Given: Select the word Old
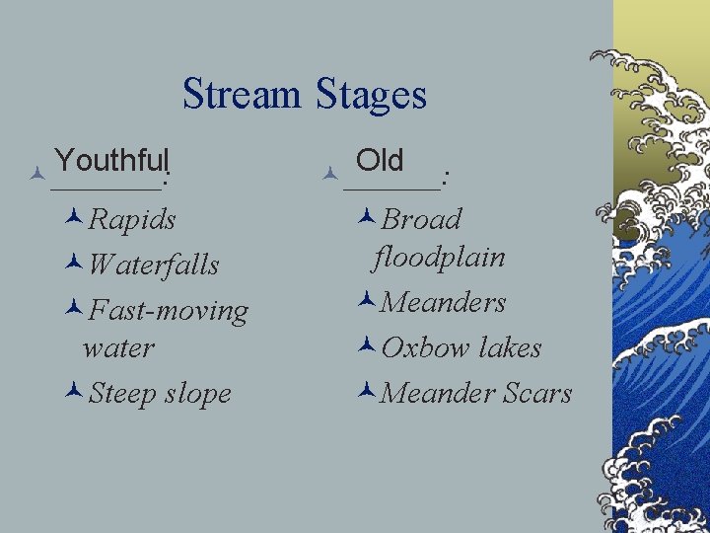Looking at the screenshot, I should [x=380, y=159].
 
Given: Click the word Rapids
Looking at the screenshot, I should [x=132, y=219].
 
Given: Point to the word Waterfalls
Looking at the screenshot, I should [x=153, y=265].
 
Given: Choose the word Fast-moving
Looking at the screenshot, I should [x=168, y=311].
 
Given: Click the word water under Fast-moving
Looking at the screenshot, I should [x=119, y=347].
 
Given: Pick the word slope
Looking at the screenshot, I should [x=198, y=394].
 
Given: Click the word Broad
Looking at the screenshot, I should [x=421, y=219].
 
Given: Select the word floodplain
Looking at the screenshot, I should [x=439, y=258].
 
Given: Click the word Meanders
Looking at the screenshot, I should [x=443, y=302].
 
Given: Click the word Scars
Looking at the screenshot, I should [x=537, y=394].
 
